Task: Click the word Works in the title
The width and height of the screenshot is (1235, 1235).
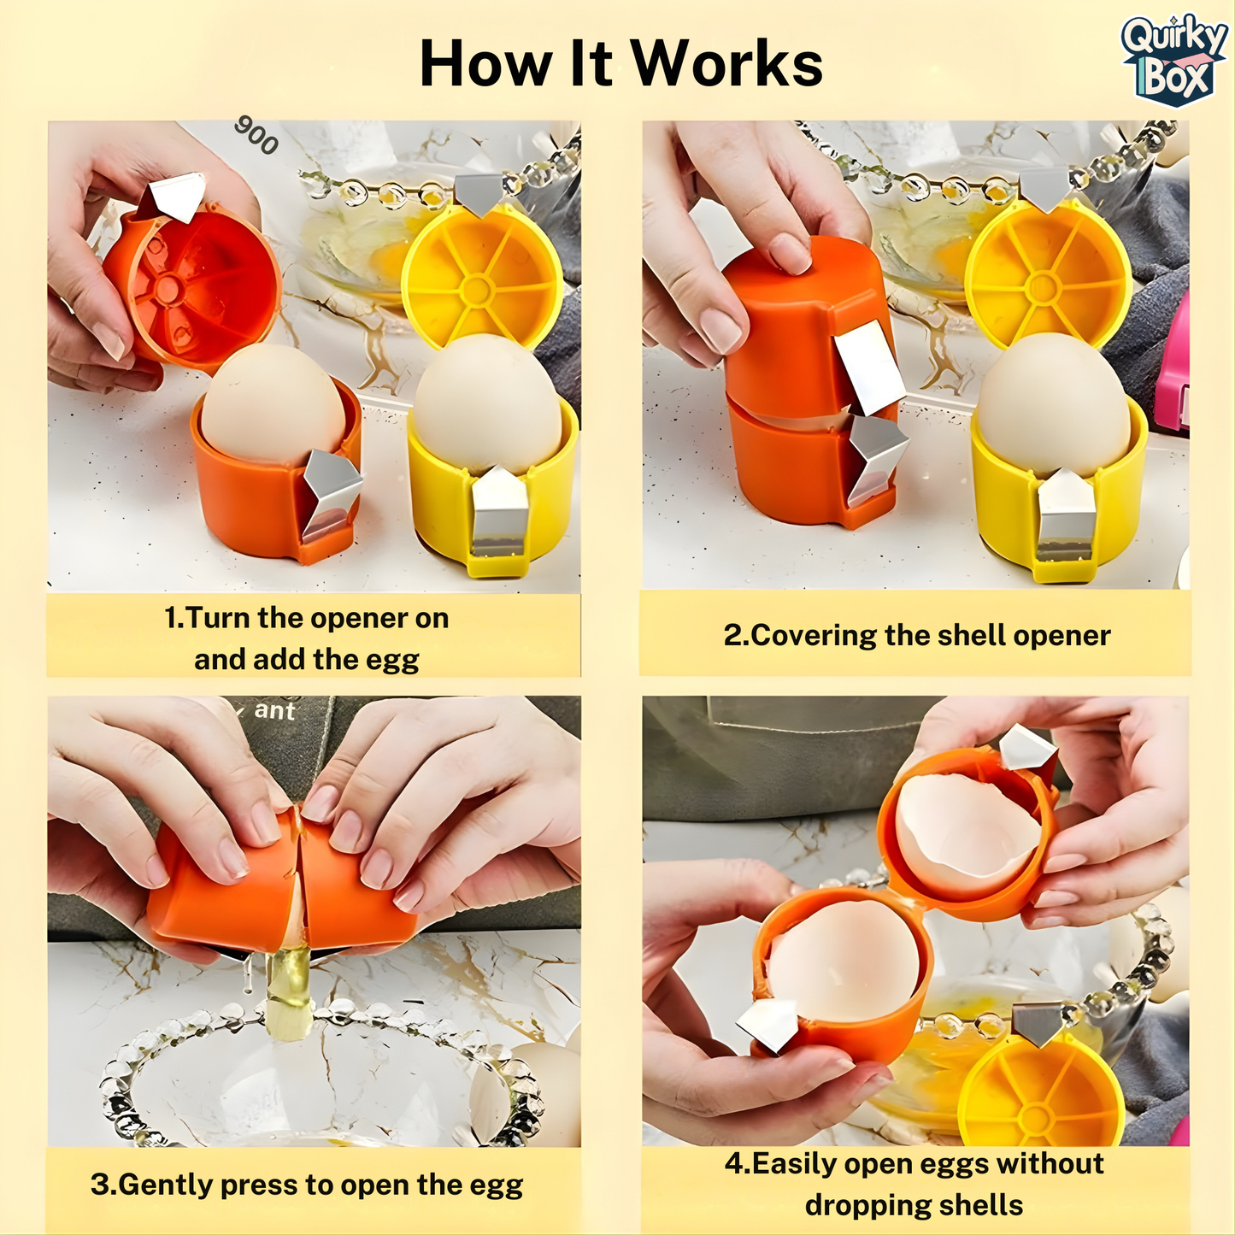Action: point(726,65)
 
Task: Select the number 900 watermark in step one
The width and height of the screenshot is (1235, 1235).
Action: point(256,136)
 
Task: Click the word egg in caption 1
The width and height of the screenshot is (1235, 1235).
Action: point(392,660)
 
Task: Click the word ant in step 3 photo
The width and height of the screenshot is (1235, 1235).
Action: point(274,711)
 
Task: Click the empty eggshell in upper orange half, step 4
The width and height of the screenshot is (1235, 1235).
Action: point(966,833)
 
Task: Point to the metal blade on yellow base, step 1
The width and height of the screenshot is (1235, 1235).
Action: point(497,513)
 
